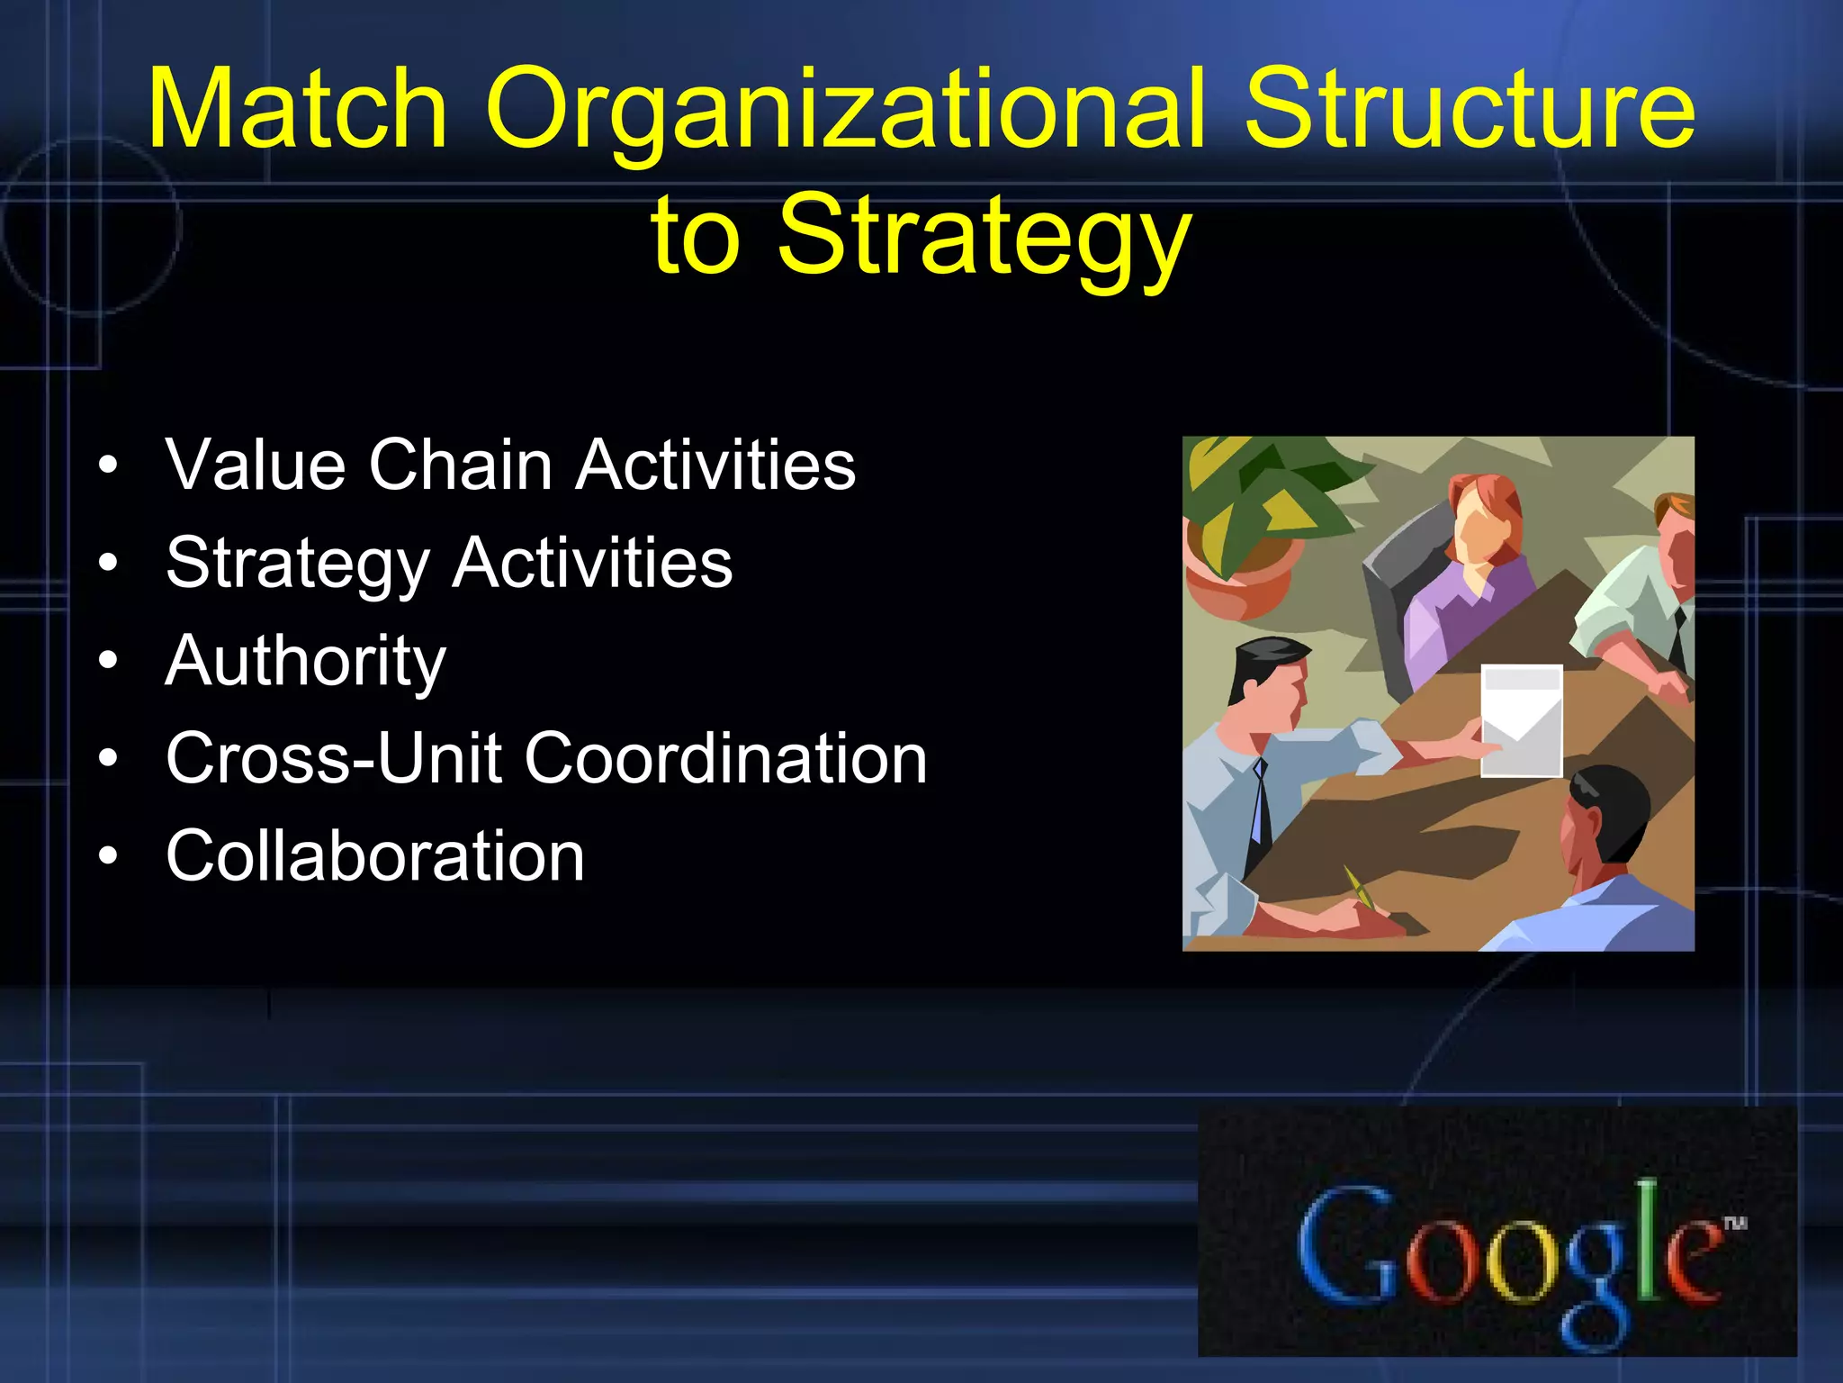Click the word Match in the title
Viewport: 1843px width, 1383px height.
(297, 110)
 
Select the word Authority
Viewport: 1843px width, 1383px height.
(306, 662)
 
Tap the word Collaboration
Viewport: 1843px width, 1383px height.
(375, 855)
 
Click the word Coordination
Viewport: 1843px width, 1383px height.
(725, 758)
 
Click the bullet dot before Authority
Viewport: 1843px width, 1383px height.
(108, 662)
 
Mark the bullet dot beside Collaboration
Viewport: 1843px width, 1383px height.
(108, 856)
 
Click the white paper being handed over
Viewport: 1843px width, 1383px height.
(1521, 720)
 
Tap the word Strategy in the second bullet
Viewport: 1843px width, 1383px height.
(298, 564)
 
